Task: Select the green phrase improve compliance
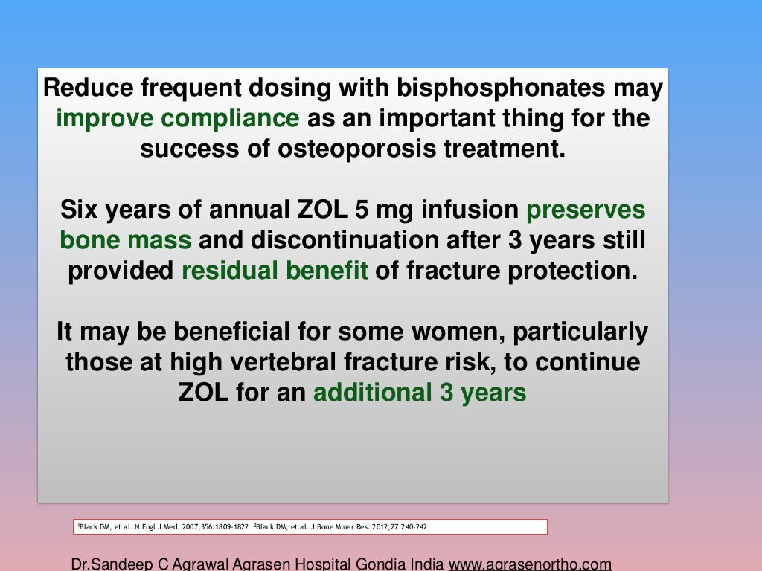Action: [178, 117]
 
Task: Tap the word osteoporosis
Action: [345, 148]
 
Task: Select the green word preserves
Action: [586, 210]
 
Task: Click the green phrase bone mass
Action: [125, 240]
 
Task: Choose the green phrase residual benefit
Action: [275, 271]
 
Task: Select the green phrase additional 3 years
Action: [420, 393]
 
